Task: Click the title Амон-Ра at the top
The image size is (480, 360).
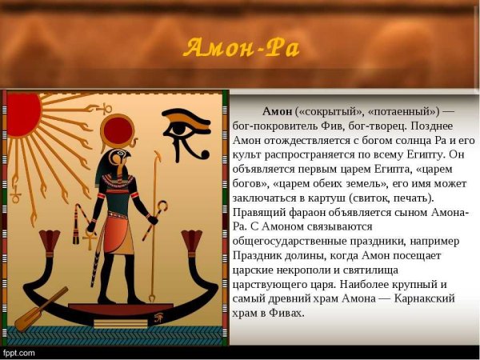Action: click(x=241, y=48)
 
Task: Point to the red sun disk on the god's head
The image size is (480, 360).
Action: click(x=120, y=130)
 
